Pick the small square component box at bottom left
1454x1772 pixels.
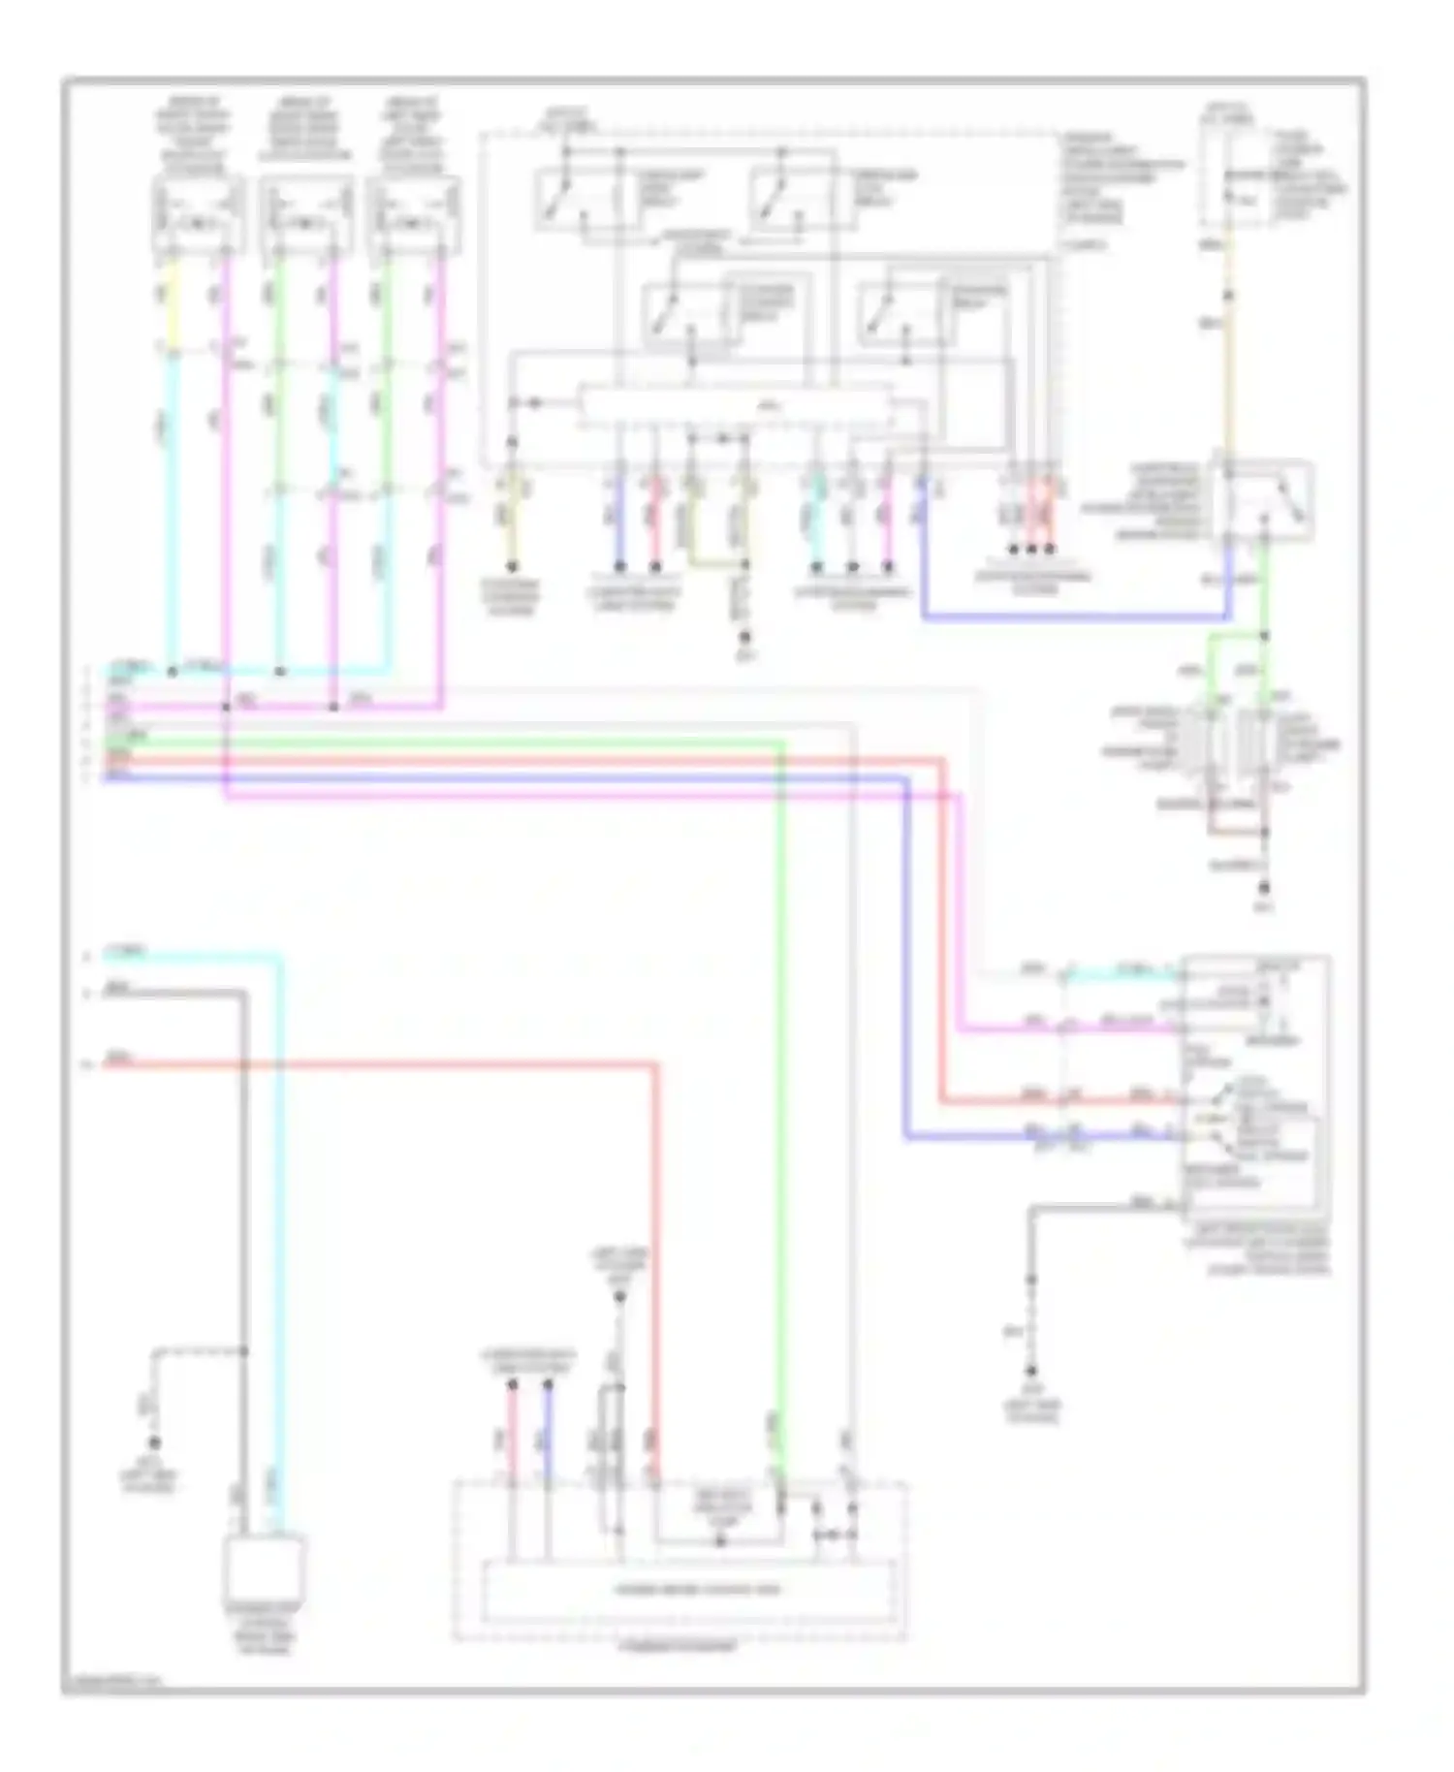pyautogui.click(x=264, y=1567)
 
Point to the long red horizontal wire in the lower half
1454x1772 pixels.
pyautogui.click(x=388, y=1064)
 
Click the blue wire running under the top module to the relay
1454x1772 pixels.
pyautogui.click(x=1066, y=617)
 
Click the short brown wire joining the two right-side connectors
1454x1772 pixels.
pyautogui.click(x=1236, y=832)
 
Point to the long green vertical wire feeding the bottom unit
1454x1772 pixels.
pyautogui.click(x=781, y=1115)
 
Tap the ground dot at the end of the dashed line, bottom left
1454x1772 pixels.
pyautogui.click(x=153, y=1442)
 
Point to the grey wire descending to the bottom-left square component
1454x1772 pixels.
pyautogui.click(x=241, y=1260)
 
